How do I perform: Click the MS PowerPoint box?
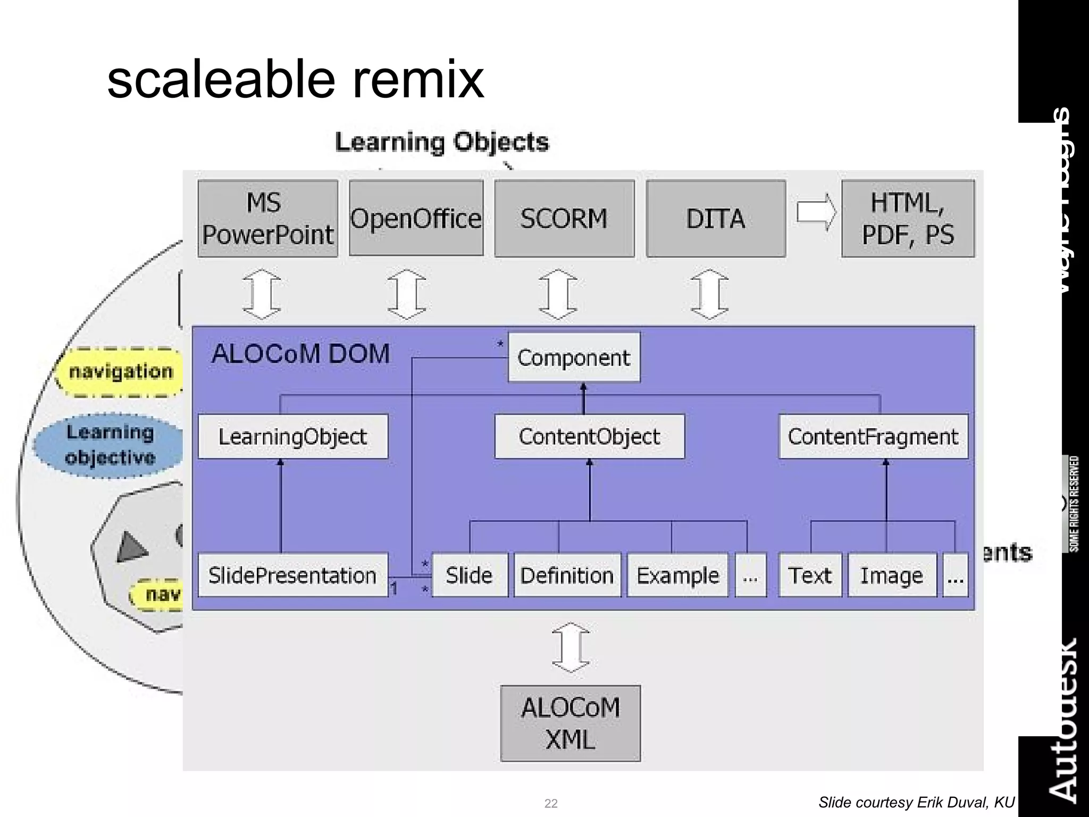tap(267, 219)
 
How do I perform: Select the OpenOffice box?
tap(416, 219)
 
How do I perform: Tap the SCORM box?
tap(564, 219)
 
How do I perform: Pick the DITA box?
tap(716, 219)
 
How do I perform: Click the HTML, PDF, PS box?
tap(908, 219)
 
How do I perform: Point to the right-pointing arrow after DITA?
tap(816, 212)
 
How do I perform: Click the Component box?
tap(574, 357)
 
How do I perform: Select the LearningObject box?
tap(292, 437)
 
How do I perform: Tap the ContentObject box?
tap(589, 437)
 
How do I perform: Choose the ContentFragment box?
tap(873, 437)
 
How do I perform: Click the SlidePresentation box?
tap(292, 576)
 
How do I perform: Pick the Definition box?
tap(567, 576)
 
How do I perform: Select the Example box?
tap(677, 576)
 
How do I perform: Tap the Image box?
tap(892, 576)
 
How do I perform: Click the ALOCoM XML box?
tap(570, 723)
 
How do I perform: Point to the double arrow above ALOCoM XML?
tap(571, 647)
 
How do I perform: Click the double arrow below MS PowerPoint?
tap(262, 294)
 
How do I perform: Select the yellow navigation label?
tap(121, 372)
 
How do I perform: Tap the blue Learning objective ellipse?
tap(110, 445)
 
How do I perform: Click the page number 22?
tap(551, 803)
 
